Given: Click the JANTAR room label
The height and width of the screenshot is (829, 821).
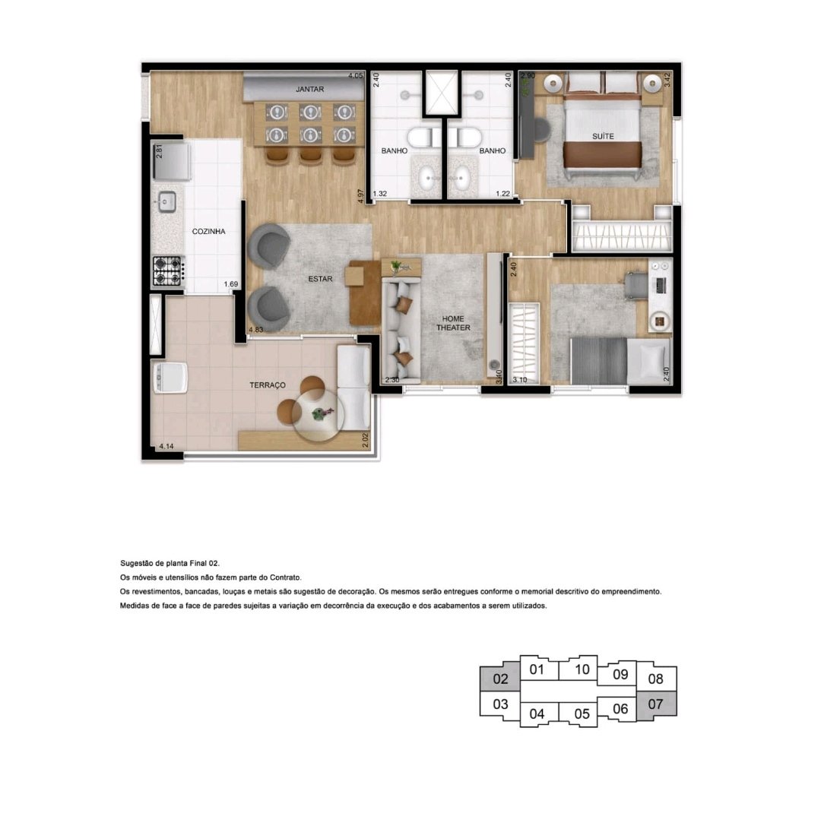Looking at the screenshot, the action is pyautogui.click(x=309, y=90).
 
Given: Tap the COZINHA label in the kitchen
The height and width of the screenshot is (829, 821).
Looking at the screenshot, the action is pyautogui.click(x=208, y=232).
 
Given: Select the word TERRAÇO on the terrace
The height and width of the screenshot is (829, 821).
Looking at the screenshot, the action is pyautogui.click(x=268, y=385).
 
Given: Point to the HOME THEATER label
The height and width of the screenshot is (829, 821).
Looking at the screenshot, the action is pyautogui.click(x=453, y=323).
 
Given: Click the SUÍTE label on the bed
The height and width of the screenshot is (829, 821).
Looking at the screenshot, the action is pyautogui.click(x=603, y=137).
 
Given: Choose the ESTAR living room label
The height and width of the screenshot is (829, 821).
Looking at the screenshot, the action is pyautogui.click(x=321, y=279).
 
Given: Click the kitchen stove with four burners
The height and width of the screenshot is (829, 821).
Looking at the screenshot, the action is pyautogui.click(x=167, y=271).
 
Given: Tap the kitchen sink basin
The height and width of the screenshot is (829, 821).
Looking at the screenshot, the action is pyautogui.click(x=167, y=202).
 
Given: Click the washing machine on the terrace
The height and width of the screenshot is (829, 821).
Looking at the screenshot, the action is pyautogui.click(x=170, y=376).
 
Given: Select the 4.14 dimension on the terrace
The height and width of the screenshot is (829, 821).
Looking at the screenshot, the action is pyautogui.click(x=166, y=446).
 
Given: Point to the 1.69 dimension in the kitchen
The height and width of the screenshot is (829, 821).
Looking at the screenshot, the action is pyautogui.click(x=230, y=284).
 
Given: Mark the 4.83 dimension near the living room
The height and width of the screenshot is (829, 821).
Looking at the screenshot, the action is pyautogui.click(x=256, y=330).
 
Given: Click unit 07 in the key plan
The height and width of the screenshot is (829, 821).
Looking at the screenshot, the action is pyautogui.click(x=655, y=704).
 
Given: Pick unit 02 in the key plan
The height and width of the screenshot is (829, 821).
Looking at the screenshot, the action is pyautogui.click(x=500, y=679).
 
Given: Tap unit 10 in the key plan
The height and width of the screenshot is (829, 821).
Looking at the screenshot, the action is pyautogui.click(x=582, y=669).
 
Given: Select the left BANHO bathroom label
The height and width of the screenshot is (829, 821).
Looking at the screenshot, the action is pyautogui.click(x=395, y=150).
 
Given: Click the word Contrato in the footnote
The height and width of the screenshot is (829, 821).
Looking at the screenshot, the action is pyautogui.click(x=285, y=577).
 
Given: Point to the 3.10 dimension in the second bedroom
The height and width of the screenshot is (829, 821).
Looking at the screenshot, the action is pyautogui.click(x=519, y=380).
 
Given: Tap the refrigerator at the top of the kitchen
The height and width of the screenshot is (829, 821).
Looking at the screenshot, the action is pyautogui.click(x=171, y=160).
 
